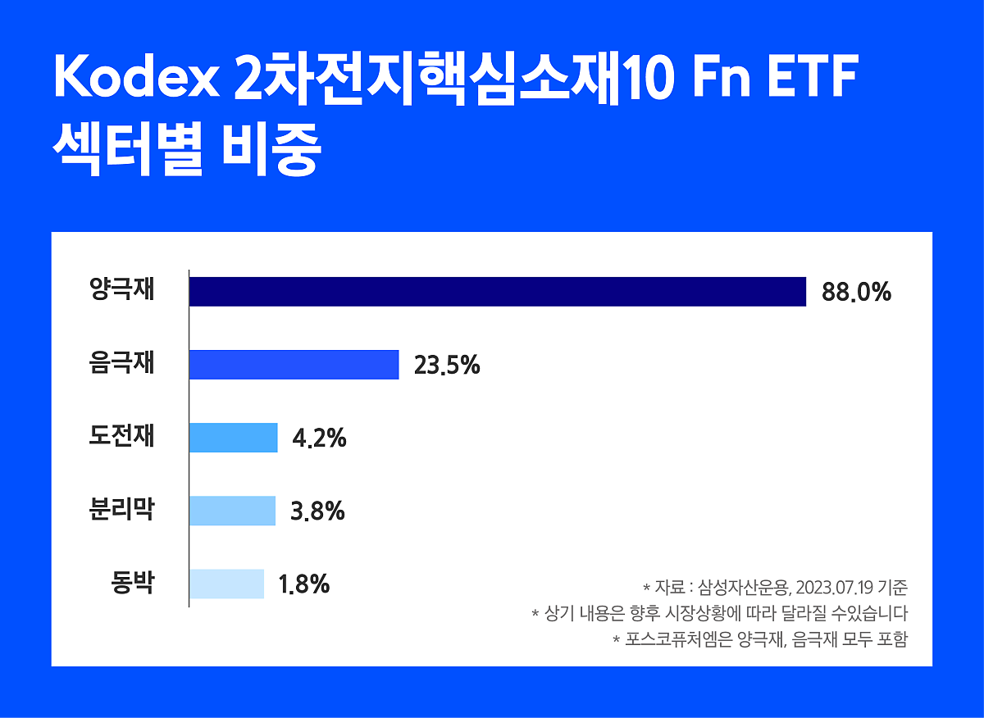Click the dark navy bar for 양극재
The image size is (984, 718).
pos(497,292)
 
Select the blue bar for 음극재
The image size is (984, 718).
pos(294,365)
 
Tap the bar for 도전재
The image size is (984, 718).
pos(233,438)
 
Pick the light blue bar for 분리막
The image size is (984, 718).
pos(232,511)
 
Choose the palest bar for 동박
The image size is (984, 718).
pos(226,584)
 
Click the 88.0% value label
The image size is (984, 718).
pos(850,293)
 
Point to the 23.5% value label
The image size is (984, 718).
pos(447,366)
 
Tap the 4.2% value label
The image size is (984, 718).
pos(319,439)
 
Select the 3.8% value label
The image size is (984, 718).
pos(317,511)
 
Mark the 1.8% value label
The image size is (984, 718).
pos(303,584)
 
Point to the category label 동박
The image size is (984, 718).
pos(132,583)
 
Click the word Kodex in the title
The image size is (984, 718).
pos(134,78)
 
